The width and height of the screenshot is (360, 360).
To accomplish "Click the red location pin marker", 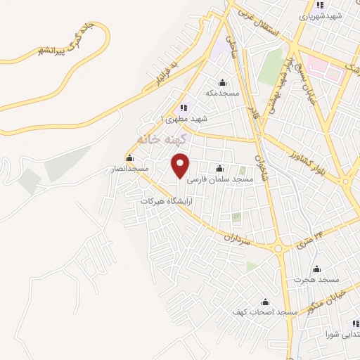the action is click(181, 165).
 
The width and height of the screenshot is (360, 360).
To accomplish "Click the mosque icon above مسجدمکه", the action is click(224, 82).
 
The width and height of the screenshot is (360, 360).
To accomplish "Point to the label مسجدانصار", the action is click(127, 169).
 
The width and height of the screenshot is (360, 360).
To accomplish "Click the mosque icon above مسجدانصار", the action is click(129, 158).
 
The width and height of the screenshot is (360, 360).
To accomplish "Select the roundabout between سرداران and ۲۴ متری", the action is click(278, 247).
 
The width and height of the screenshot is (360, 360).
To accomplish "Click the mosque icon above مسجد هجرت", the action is click(316, 269).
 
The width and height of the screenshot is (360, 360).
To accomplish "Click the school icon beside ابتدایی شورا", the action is click(354, 324).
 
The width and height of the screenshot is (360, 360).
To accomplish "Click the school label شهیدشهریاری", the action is click(320, 15).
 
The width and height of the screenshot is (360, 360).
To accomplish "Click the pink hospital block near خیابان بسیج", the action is click(325, 70).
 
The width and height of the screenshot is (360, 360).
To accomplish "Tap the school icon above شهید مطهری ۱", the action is click(184, 108).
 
